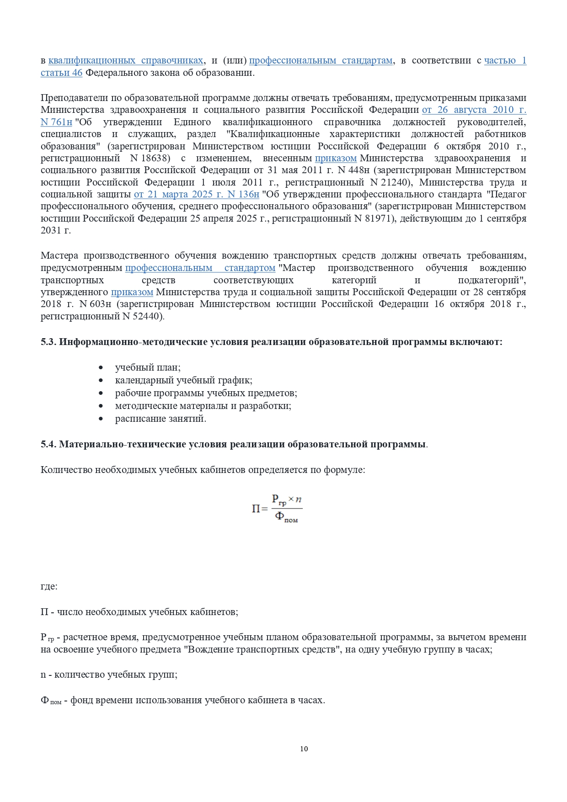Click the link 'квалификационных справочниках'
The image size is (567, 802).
coord(126,61)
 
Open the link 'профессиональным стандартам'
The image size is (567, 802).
coord(321,61)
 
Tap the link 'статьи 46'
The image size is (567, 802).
coord(61,73)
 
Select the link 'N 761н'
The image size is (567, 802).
coord(56,122)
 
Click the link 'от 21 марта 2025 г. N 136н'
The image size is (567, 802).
coord(196,194)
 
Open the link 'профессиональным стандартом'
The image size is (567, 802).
coord(200,268)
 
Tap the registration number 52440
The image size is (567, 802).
coord(148,316)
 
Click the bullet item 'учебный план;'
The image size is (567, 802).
coord(148,368)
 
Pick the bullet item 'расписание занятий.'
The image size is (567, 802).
coord(160,419)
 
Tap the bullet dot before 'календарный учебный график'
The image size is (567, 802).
coord(101,381)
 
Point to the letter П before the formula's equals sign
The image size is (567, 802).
coord(256,509)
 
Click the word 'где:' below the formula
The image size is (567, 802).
coord(49,586)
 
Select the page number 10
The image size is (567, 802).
coord(304,749)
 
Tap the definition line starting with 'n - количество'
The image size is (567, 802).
coord(109,675)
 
